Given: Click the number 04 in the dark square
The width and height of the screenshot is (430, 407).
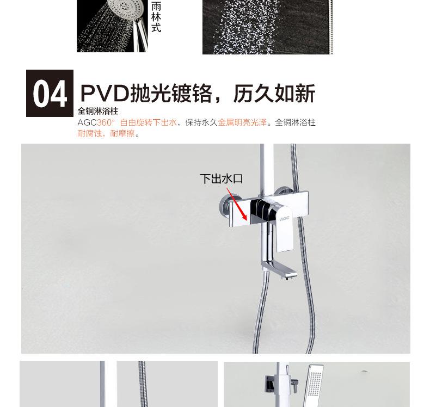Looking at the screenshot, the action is (50, 94).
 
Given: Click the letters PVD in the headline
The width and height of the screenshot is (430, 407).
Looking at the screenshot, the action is (105, 94).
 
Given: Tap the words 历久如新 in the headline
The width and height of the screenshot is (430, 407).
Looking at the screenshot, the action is (274, 94).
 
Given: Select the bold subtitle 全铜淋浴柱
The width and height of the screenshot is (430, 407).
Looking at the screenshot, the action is (98, 111).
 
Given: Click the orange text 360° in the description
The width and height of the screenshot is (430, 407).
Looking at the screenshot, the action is (106, 122).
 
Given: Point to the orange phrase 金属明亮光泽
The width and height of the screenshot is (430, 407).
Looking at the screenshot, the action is (242, 122).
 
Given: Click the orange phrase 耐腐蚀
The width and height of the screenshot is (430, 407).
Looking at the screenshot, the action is (90, 133).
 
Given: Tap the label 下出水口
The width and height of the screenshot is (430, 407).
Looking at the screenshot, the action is (222, 178).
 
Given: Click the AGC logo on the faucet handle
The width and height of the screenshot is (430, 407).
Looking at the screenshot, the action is (285, 218).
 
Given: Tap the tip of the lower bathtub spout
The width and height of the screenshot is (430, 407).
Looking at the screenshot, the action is (296, 274).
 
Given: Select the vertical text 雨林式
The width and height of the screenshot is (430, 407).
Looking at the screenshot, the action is (156, 17).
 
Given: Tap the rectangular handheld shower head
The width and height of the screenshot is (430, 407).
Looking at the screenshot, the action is (315, 385).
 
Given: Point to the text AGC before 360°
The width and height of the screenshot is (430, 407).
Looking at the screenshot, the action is (87, 122).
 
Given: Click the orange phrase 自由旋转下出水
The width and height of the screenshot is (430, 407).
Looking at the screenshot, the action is (149, 122).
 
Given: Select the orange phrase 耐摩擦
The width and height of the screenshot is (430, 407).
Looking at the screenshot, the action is (122, 133).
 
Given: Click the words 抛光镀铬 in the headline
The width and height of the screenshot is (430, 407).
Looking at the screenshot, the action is (171, 94).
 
